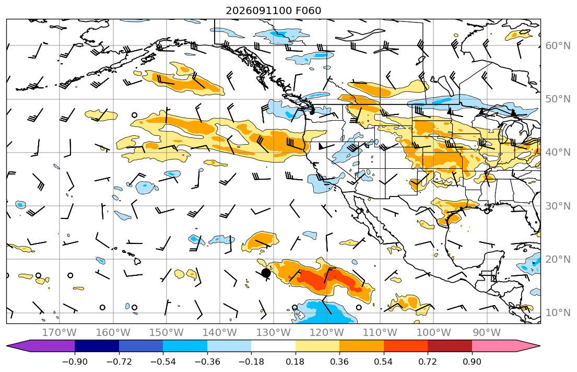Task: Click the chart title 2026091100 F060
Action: (x=273, y=10)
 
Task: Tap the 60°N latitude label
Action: (x=558, y=45)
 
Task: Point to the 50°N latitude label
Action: (x=558, y=99)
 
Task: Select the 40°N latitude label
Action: (x=558, y=153)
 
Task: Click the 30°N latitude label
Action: (x=558, y=206)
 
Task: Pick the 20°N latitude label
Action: (x=558, y=259)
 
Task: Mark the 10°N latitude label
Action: (x=558, y=313)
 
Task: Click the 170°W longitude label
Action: (x=60, y=333)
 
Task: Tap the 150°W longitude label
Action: (x=167, y=333)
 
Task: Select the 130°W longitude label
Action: (x=273, y=333)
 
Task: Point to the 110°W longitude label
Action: (x=380, y=333)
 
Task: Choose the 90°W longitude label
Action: (x=487, y=333)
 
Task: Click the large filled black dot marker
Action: (x=266, y=273)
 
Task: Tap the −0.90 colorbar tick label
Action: (x=75, y=362)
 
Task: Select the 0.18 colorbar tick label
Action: (x=296, y=362)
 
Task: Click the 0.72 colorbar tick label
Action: (x=428, y=362)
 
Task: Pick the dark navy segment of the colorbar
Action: (x=97, y=346)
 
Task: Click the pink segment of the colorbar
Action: (x=494, y=346)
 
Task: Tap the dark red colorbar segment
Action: (x=450, y=346)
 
